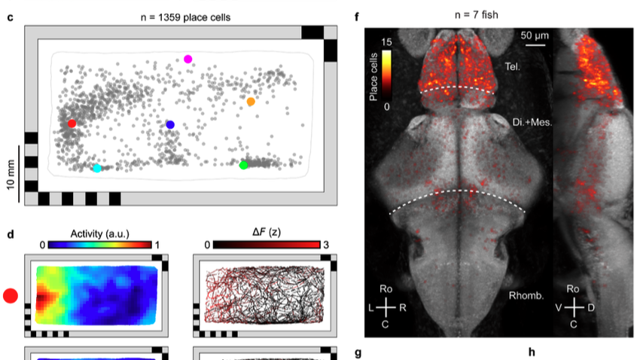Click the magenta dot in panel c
pyautogui.click(x=188, y=59)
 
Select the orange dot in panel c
pyautogui.click(x=251, y=101)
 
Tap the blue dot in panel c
pyautogui.click(x=170, y=124)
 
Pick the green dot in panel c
pyautogui.click(x=243, y=165)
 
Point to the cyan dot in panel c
pyautogui.click(x=96, y=168)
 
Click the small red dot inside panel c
pyautogui.click(x=72, y=124)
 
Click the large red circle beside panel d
pyautogui.click(x=11, y=296)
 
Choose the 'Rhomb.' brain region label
pyautogui.click(x=525, y=295)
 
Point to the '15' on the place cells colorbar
pyautogui.click(x=387, y=43)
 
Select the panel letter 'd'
pyautogui.click(x=11, y=233)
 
